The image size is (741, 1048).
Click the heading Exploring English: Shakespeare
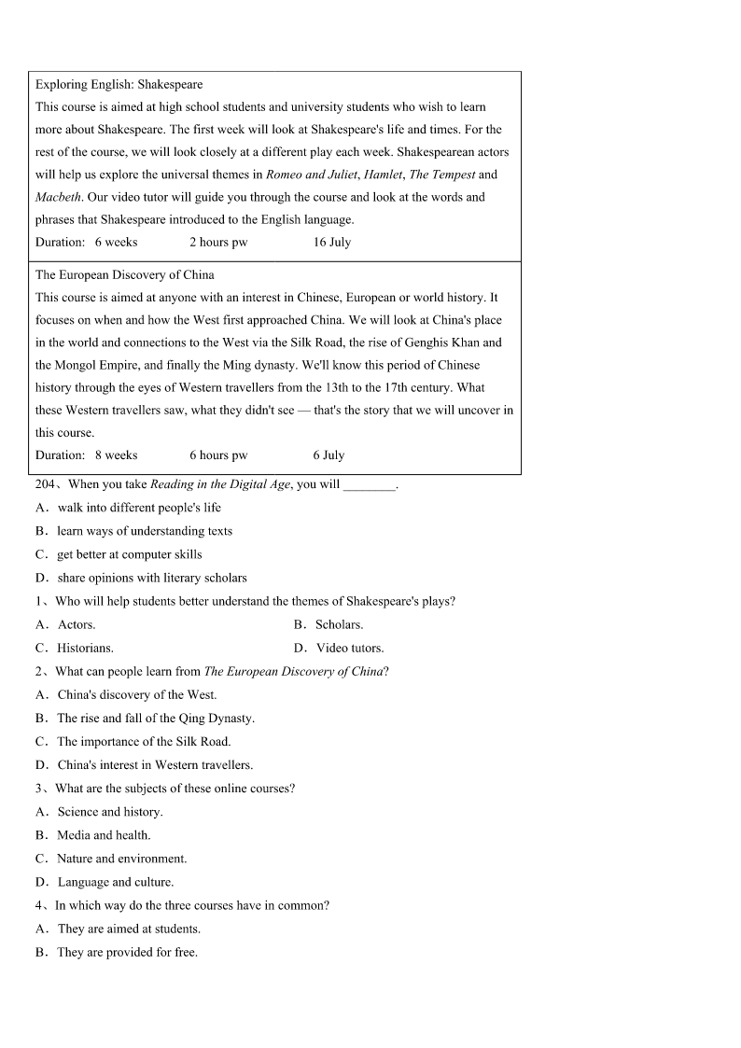119,85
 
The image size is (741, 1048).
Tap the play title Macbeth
58,197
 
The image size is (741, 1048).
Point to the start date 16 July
332,243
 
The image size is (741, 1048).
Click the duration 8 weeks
116,455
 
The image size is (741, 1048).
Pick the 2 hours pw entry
218,243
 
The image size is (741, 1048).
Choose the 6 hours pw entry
218,455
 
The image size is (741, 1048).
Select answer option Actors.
77,624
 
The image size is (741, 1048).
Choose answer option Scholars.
339,624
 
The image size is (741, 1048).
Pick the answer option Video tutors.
350,648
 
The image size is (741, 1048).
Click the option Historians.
85,648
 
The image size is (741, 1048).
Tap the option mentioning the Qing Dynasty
155,719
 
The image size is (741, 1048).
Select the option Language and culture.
116,882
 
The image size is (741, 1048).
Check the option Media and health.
104,835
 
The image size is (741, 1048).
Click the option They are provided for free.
127,953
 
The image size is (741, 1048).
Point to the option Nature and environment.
121,859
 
